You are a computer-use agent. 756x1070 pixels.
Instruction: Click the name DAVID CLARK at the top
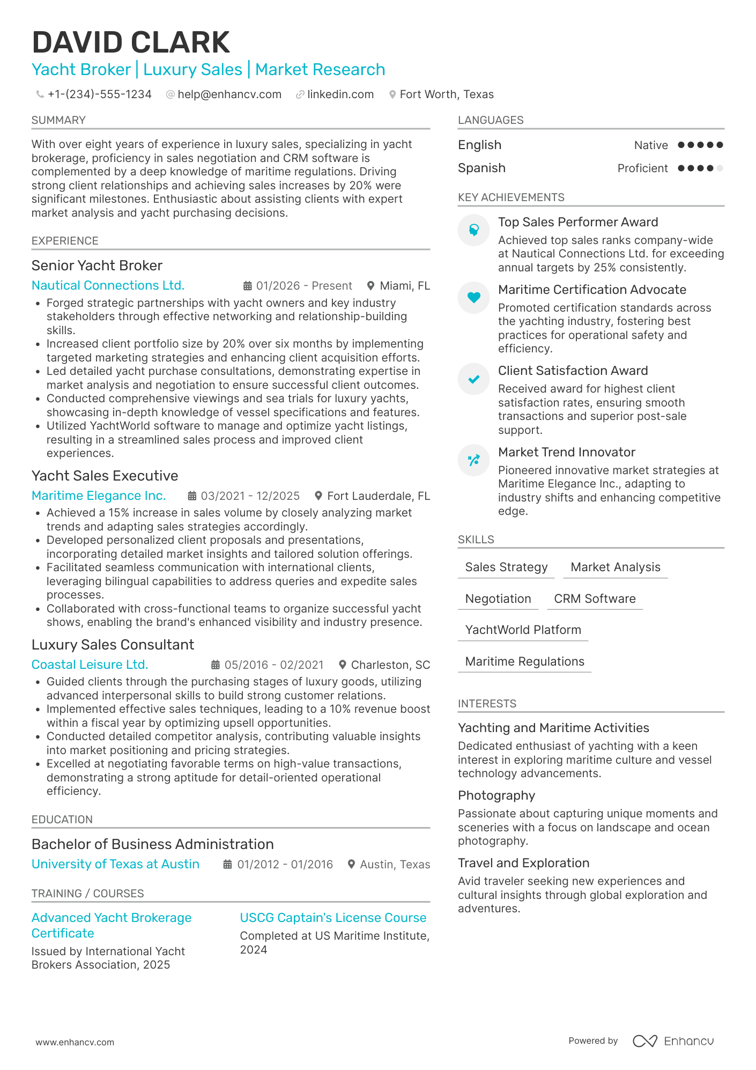click(x=131, y=43)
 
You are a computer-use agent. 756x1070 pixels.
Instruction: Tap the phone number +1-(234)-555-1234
click(x=99, y=94)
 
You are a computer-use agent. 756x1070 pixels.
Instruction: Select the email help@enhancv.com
click(x=229, y=94)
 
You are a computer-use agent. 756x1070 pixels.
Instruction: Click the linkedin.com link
click(x=340, y=94)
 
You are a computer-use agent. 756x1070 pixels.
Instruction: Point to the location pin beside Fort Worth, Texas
click(x=392, y=94)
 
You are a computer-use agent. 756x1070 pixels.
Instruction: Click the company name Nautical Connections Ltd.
click(x=108, y=285)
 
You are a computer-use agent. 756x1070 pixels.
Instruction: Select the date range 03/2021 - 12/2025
click(x=250, y=496)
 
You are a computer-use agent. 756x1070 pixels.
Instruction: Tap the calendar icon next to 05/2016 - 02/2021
click(x=216, y=665)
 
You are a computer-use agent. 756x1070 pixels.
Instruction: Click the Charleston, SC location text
click(x=390, y=665)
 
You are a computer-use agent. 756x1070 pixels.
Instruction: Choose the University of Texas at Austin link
click(x=115, y=864)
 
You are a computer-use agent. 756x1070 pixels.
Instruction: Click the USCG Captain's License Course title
click(x=333, y=918)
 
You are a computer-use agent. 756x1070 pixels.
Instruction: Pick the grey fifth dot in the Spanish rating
click(x=720, y=168)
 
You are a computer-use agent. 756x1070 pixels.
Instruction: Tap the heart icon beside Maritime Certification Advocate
click(x=473, y=297)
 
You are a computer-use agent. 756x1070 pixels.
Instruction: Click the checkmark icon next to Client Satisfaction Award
click(x=473, y=379)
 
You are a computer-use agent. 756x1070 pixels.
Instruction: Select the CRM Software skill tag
click(x=595, y=599)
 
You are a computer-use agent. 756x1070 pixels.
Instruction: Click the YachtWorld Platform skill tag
click(x=523, y=630)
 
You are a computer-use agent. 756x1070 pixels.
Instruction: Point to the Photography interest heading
click(x=496, y=795)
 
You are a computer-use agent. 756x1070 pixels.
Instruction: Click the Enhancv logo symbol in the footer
click(x=644, y=1041)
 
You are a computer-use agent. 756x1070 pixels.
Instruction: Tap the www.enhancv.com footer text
click(x=75, y=1042)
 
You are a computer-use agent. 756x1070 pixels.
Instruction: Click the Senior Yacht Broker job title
click(x=97, y=265)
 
